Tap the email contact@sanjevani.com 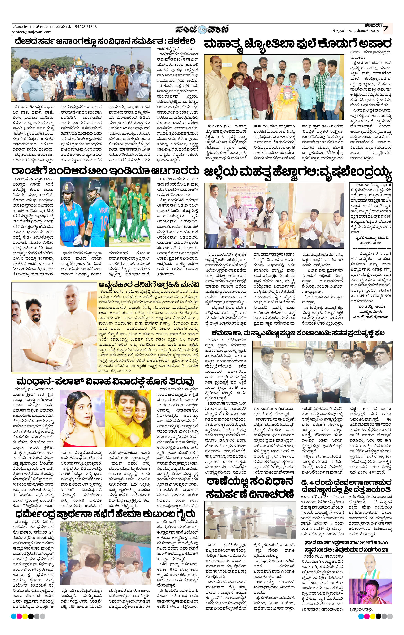click(31, 32)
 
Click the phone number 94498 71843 click(86, 27)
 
